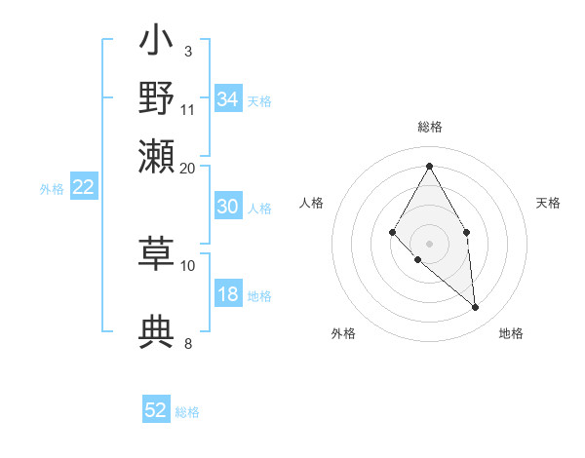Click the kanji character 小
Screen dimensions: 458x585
157,43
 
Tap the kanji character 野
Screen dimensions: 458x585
157,98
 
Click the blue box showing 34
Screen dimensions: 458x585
228,99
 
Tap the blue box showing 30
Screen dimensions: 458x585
228,207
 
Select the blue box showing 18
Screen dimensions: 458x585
228,295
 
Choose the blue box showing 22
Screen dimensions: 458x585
83,188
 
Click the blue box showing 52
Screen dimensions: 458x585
156,410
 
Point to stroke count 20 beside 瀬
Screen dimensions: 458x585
188,169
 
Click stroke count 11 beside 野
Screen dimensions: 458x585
188,109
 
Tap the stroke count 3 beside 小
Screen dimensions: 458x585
188,51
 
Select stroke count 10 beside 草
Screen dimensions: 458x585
188,265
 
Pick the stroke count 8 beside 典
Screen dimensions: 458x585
188,343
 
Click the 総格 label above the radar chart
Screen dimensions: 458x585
430,127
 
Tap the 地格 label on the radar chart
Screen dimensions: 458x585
511,333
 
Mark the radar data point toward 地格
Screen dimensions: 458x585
476,308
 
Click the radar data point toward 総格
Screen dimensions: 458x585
429,166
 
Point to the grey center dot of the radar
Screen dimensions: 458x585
429,242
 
